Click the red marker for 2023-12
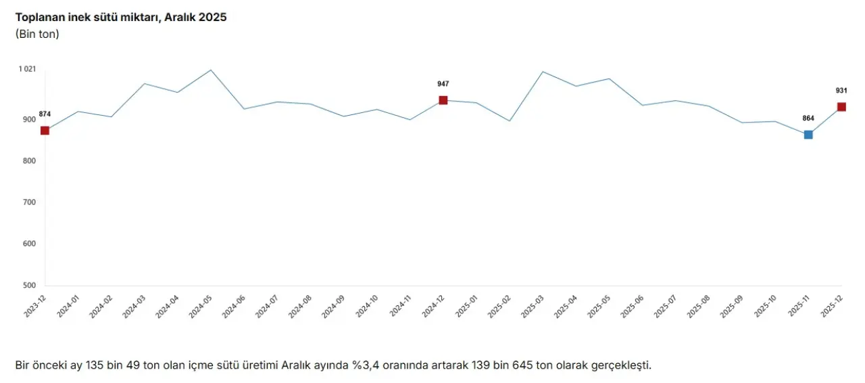(x=45, y=131)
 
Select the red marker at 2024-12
(x=443, y=100)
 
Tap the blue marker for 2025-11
(x=808, y=135)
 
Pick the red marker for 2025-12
(x=841, y=107)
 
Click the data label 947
(x=443, y=84)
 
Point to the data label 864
(x=808, y=118)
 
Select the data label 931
(x=841, y=91)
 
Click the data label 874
(x=45, y=114)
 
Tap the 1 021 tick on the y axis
(x=27, y=69)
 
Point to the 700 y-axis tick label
(x=29, y=202)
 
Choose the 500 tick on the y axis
(x=29, y=286)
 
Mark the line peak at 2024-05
(x=211, y=70)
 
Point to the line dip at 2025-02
(x=510, y=121)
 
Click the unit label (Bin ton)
(x=37, y=34)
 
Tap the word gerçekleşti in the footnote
(x=620, y=365)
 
